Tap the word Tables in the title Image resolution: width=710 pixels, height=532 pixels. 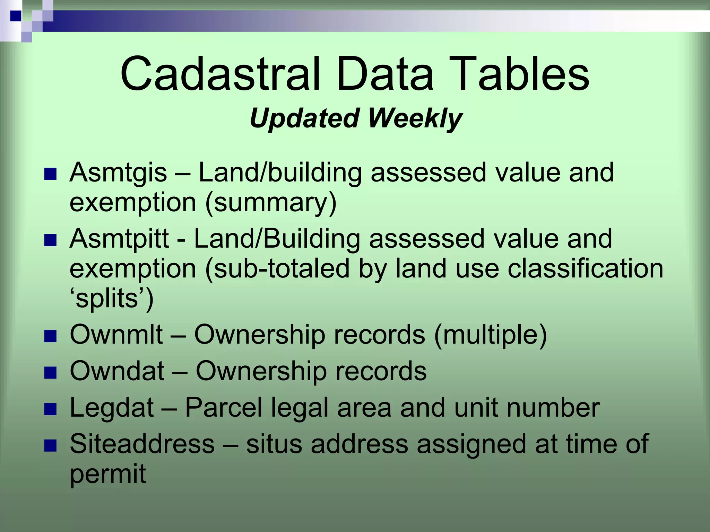(513, 74)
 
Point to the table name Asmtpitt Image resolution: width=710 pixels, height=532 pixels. (119, 239)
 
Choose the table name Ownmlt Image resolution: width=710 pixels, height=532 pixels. (116, 335)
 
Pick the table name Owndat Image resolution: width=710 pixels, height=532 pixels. (117, 371)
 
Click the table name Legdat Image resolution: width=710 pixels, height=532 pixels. (112, 408)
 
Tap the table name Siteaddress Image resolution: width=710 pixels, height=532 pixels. (142, 444)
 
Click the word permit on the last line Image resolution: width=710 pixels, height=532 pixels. (108, 474)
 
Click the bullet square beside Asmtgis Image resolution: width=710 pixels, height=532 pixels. (51, 174)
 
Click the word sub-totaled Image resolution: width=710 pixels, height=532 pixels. (277, 269)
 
